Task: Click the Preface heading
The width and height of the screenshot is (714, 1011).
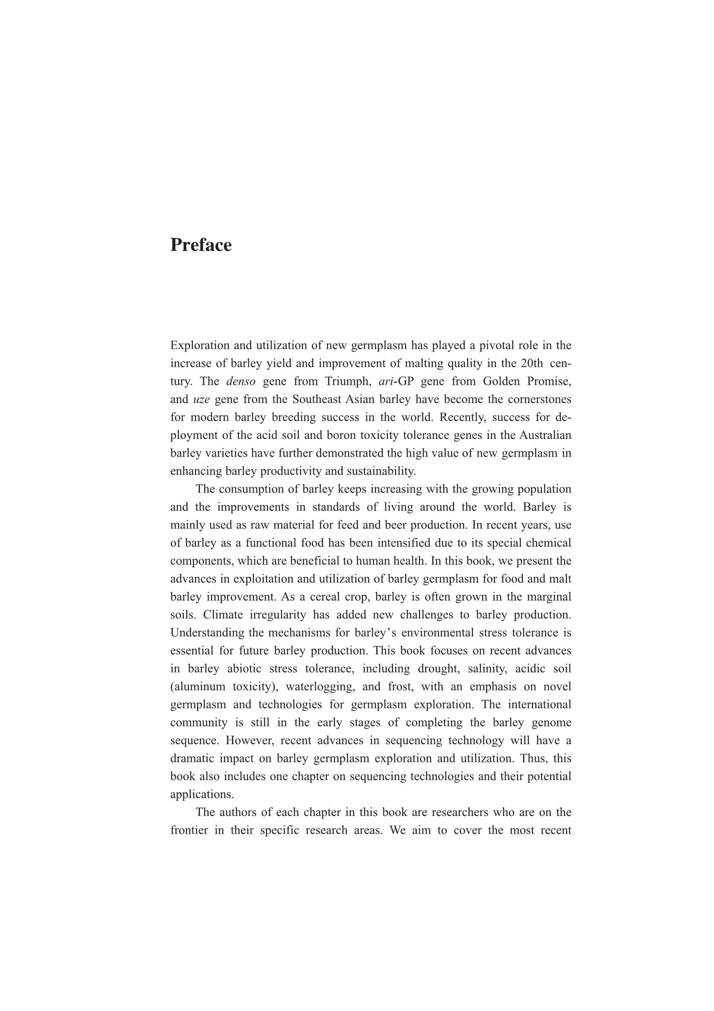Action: pos(200,245)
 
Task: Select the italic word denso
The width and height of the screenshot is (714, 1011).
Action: pos(241,381)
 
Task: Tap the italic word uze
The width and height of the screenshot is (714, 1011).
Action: pos(201,400)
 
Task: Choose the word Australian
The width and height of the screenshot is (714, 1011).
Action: pos(545,435)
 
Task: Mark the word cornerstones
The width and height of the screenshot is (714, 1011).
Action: pos(539,400)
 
